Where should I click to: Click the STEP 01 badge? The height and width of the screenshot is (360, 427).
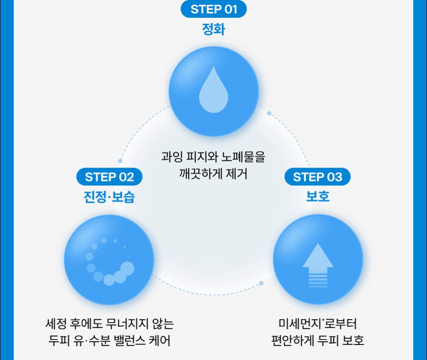[214, 9]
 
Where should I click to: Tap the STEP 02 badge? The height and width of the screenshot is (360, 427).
[109, 177]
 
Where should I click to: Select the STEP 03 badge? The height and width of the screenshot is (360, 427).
[318, 177]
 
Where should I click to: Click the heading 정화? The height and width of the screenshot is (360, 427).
[214, 29]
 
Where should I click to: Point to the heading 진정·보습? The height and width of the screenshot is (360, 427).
[109, 197]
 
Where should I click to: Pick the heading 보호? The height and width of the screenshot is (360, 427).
[318, 196]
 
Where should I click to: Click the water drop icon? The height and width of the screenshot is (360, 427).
[213, 90]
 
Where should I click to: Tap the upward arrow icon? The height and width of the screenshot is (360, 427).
[318, 266]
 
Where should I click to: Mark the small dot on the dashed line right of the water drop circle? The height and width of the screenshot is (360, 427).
[269, 113]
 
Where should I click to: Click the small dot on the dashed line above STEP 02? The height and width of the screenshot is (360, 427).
[121, 161]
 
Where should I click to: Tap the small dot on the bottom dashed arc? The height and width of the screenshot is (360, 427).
[261, 283]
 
